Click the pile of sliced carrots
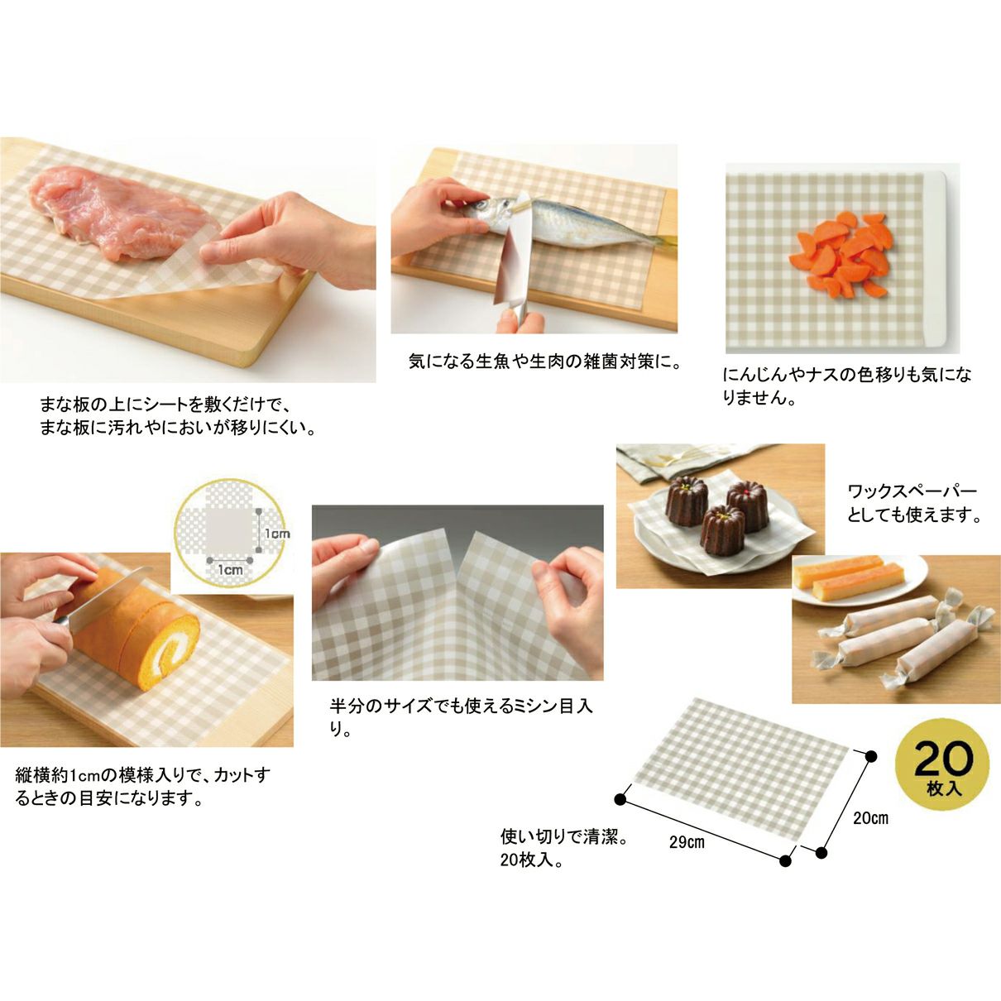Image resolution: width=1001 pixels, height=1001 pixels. click(841, 255)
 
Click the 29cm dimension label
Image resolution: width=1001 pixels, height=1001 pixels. click(687, 842)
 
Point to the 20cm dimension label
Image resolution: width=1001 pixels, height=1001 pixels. click(870, 818)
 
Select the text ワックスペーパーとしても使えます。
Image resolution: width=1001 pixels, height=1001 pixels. click(912, 503)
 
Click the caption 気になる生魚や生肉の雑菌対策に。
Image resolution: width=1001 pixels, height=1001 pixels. click(544, 362)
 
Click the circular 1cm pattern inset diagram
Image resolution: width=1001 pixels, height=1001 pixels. click(229, 534)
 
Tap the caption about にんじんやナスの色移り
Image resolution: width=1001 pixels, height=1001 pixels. click(847, 386)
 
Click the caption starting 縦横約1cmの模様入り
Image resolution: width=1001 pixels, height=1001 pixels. click(142, 786)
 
